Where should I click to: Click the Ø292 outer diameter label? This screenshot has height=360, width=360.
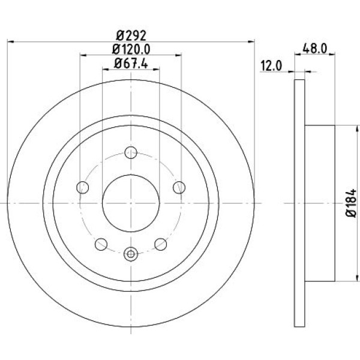130,34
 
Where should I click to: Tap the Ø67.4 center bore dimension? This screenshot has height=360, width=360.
130,62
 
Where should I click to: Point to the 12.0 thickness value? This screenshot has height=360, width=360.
271,67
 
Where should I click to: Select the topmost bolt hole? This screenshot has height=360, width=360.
130,152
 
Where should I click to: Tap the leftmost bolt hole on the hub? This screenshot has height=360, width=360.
83,188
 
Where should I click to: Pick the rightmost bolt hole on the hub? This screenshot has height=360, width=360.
178,188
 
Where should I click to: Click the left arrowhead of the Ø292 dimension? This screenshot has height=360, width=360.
10,41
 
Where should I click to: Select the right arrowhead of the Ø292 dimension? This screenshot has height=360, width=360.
251,41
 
